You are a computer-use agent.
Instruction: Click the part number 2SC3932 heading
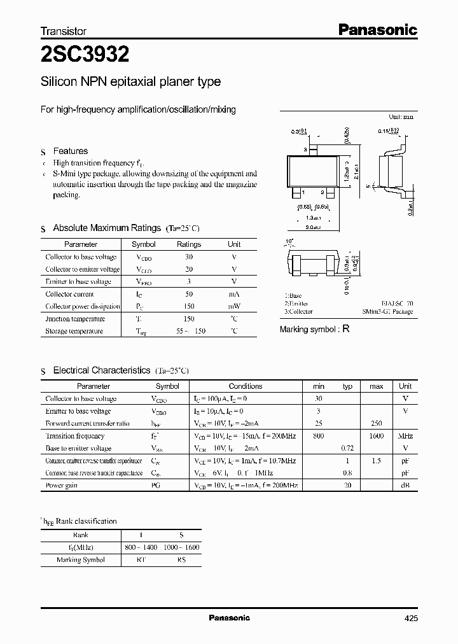[x=85, y=55]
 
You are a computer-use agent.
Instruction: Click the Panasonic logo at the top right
[x=377, y=29]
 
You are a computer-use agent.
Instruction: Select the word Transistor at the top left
[x=63, y=31]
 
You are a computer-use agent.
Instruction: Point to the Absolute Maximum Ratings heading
[x=106, y=228]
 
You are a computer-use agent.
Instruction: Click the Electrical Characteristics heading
[x=101, y=370]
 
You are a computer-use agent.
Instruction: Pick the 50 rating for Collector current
[x=188, y=294]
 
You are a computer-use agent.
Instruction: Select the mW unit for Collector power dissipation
[x=234, y=306]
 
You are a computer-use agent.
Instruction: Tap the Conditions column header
[x=245, y=386]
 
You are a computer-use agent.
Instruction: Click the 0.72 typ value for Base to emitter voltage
[x=347, y=449]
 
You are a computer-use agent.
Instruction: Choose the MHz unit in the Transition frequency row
[x=405, y=436]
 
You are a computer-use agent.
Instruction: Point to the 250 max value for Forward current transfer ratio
[x=377, y=424]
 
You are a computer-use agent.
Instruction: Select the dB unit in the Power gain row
[x=405, y=485]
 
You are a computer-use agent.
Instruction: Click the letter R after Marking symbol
[x=346, y=329]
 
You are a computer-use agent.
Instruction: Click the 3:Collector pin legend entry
[x=298, y=312]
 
